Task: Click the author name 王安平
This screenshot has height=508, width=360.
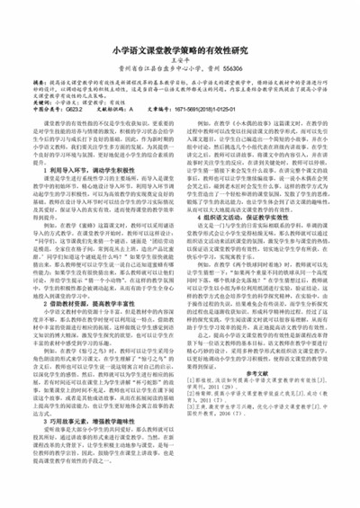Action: pos(180,65)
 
